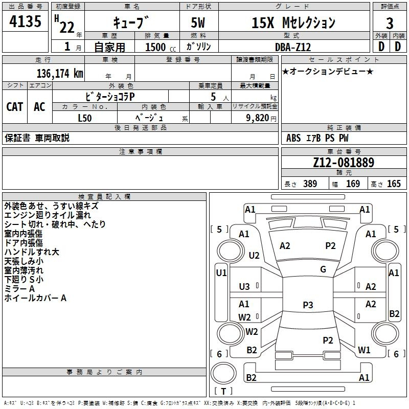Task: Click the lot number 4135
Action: (x=25, y=21)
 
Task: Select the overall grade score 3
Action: (x=390, y=24)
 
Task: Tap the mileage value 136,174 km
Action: (x=60, y=74)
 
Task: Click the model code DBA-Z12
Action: (x=293, y=47)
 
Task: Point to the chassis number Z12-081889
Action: (x=344, y=163)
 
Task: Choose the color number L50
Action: (x=85, y=118)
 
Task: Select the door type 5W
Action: (x=198, y=22)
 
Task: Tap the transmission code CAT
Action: (x=15, y=107)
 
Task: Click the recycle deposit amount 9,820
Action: (x=258, y=118)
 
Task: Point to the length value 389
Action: (x=310, y=184)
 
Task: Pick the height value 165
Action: (x=394, y=184)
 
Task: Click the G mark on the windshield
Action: (x=323, y=269)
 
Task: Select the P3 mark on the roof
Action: (x=308, y=305)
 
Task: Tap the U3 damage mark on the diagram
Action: (x=244, y=287)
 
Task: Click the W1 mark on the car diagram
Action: (x=364, y=350)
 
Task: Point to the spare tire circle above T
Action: (x=223, y=373)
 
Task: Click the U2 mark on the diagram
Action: (x=254, y=255)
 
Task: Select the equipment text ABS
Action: (x=293, y=138)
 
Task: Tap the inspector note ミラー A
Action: (x=19, y=289)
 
